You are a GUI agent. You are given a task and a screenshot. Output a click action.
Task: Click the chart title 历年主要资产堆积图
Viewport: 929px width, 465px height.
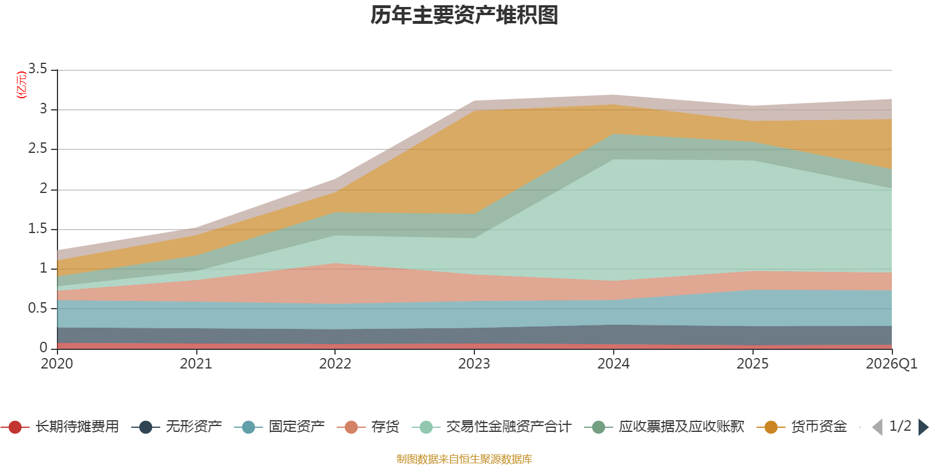coord(464,15)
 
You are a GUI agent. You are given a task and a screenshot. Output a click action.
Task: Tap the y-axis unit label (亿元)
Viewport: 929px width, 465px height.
coord(21,85)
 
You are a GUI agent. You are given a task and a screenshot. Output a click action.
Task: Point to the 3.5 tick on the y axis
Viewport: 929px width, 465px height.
coord(38,69)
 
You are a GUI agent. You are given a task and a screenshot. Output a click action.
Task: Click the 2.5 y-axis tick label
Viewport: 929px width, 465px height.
coord(38,149)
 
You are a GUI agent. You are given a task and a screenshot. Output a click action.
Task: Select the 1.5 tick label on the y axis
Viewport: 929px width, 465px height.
coord(38,229)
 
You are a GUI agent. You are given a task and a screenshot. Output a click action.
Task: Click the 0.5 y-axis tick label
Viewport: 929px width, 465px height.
coord(38,309)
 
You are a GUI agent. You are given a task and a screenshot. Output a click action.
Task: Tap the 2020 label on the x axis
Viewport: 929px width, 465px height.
coord(57,364)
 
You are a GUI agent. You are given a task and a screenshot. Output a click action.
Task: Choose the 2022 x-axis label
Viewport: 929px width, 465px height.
coord(335,364)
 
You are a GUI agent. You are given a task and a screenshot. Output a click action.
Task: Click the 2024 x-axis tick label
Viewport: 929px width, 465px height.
coord(613,364)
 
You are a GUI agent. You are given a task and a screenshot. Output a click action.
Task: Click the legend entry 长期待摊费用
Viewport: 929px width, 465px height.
coord(60,427)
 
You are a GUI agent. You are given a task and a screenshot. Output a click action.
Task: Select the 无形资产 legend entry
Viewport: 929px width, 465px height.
coord(177,427)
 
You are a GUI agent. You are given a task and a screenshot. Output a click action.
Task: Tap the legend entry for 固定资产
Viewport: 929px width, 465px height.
coord(279,427)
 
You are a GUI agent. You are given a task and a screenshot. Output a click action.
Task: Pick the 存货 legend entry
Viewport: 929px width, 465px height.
coord(368,427)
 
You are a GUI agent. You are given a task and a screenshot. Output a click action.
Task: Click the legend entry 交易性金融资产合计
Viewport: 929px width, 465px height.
coord(492,427)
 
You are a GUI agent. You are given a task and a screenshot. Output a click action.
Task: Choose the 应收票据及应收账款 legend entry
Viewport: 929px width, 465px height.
coord(664,427)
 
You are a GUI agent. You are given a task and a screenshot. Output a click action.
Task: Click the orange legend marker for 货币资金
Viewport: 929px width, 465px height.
coord(771,427)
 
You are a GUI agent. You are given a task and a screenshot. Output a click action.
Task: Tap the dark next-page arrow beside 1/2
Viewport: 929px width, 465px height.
coord(924,427)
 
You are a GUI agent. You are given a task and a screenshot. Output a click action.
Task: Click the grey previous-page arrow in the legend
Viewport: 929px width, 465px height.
coord(877,427)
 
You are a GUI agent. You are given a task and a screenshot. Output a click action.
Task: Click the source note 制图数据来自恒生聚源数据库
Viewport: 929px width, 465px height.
coord(464,459)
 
